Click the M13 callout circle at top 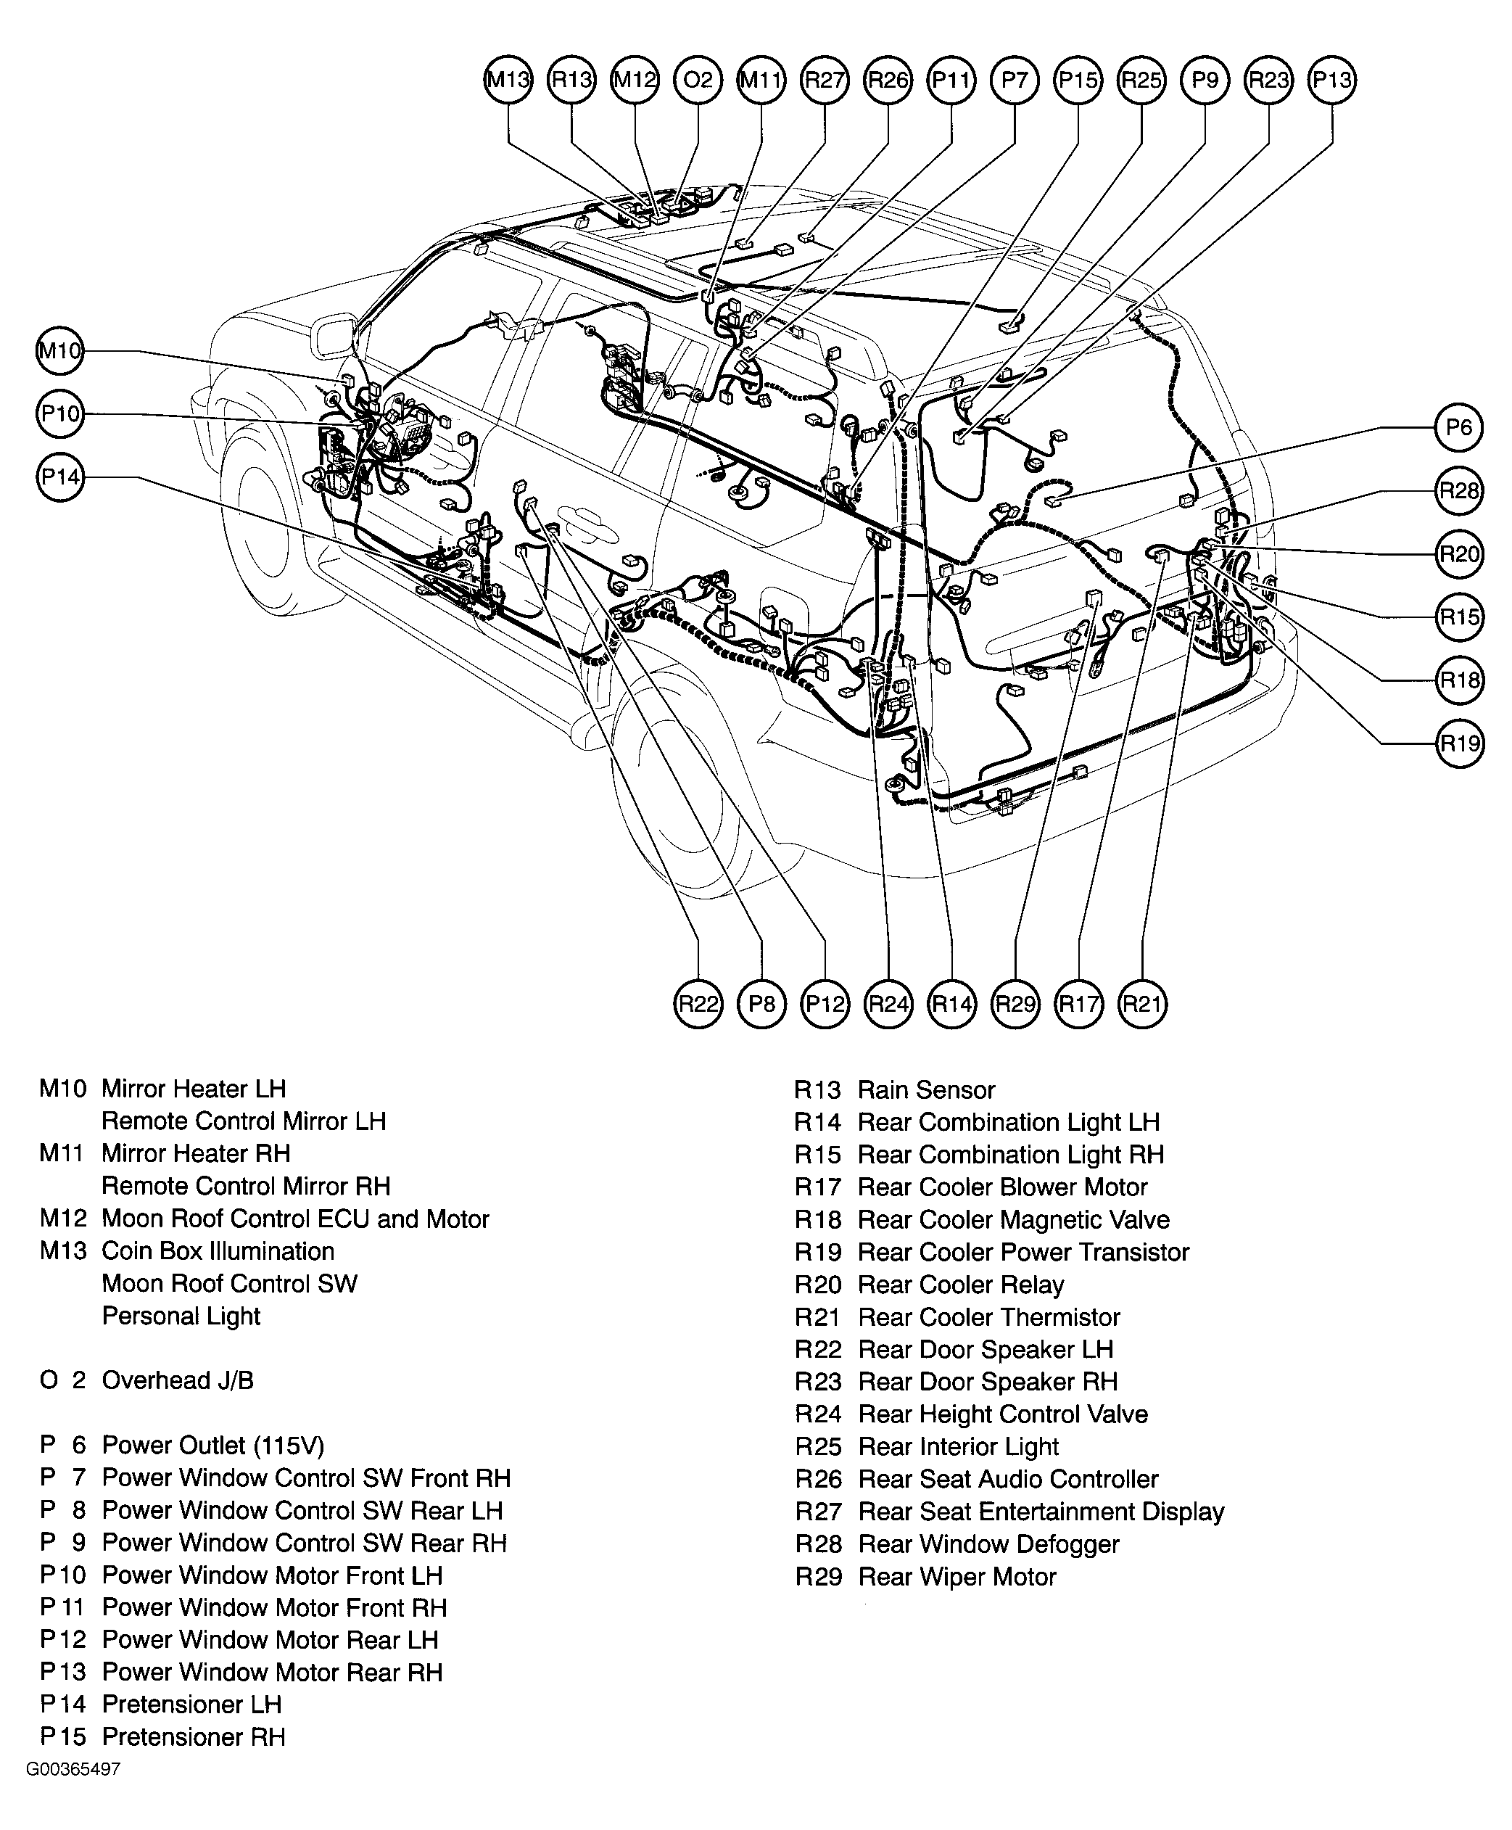(x=508, y=80)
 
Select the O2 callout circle (x=698, y=80)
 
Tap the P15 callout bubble (x=1078, y=80)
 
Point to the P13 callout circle (x=1331, y=80)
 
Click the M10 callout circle (x=60, y=351)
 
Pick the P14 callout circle (x=60, y=477)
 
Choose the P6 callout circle (x=1458, y=428)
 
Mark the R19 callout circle (x=1459, y=743)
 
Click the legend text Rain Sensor (x=926, y=1089)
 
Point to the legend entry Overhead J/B (x=178, y=1380)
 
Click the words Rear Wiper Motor (x=957, y=1577)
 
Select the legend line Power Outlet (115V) (x=213, y=1445)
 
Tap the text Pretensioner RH (x=194, y=1737)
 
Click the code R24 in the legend (x=818, y=1414)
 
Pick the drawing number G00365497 (x=73, y=1769)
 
